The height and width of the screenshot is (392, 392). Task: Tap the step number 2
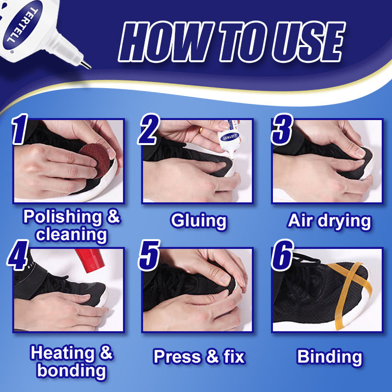149,129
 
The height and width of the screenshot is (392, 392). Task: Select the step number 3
282,129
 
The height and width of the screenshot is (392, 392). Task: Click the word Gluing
198,221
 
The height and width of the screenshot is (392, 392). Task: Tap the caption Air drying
329,221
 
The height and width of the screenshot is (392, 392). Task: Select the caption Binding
329,357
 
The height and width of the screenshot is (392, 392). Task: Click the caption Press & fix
198,357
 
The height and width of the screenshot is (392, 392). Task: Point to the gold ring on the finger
200,131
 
